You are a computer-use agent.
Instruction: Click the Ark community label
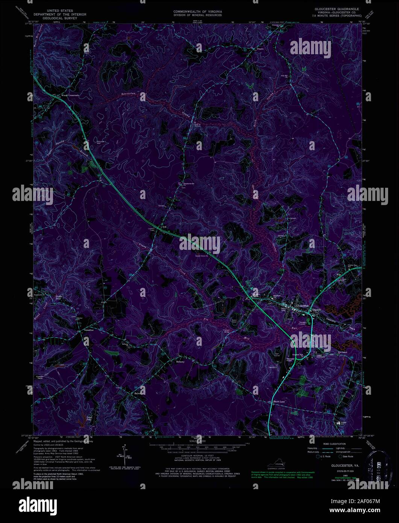click(164, 228)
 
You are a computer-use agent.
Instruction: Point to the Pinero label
click(260, 49)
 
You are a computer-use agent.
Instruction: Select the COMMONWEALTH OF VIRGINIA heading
click(197, 12)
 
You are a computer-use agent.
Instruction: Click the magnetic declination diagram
click(124, 455)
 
